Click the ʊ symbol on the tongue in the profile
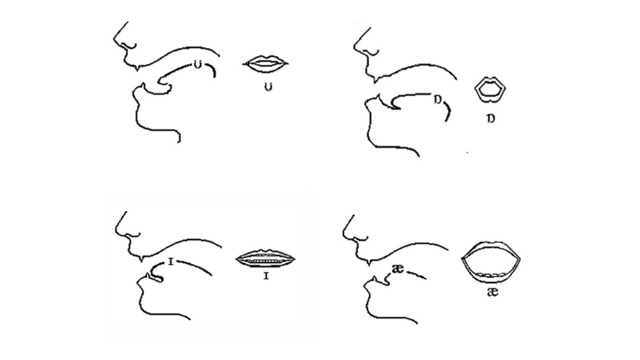click(198, 65)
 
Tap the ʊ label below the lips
click(268, 87)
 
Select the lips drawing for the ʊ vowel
click(266, 64)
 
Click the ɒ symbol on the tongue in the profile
click(437, 99)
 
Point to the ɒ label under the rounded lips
click(491, 119)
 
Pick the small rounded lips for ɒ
click(490, 89)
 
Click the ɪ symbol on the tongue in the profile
click(171, 261)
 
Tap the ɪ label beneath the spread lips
click(266, 276)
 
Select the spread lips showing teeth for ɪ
click(266, 259)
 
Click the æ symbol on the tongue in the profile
click(397, 269)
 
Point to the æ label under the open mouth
click(493, 292)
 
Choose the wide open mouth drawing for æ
click(491, 261)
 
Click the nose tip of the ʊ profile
click(115, 39)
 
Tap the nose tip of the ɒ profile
click(355, 46)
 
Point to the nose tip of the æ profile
click(344, 234)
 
